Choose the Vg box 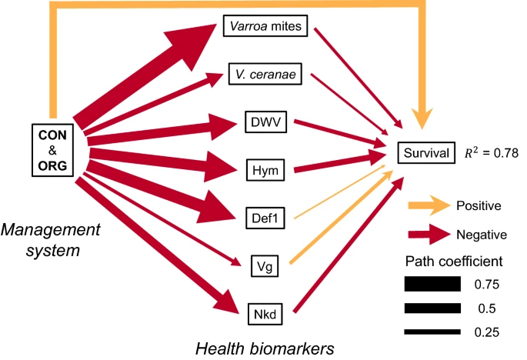point(262,268)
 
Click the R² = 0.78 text point(490,153)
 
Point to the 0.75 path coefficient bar point(433,284)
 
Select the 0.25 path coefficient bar point(433,332)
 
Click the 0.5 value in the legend point(485,308)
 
